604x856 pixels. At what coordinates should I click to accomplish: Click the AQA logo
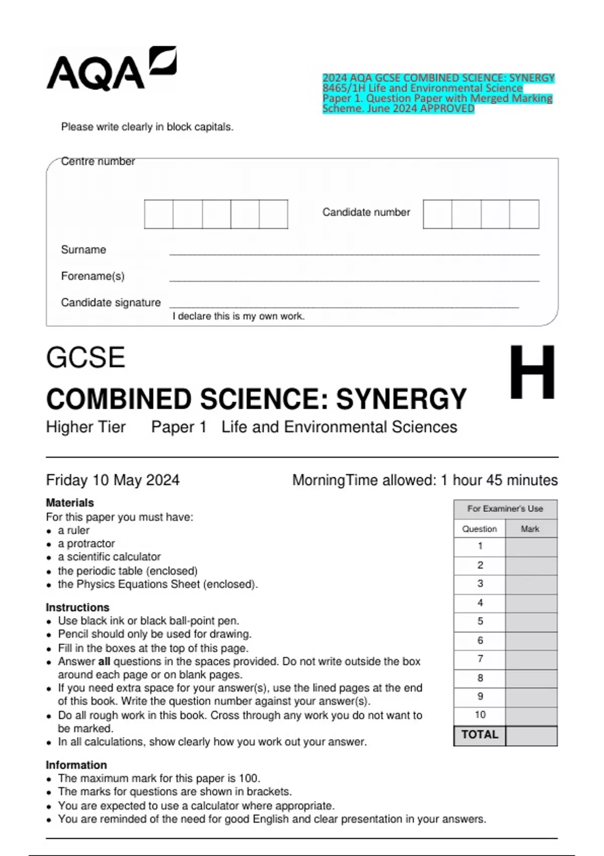(x=111, y=69)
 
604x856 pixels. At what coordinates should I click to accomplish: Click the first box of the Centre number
(x=159, y=214)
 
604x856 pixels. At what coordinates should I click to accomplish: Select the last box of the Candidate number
(x=524, y=214)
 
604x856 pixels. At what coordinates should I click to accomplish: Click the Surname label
(x=84, y=250)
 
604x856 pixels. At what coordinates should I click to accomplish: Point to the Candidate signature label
(x=111, y=303)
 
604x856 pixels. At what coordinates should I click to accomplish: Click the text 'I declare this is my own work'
(x=238, y=316)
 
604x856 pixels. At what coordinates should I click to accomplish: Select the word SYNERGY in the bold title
(x=401, y=399)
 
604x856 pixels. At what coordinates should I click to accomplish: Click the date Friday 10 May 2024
(x=113, y=480)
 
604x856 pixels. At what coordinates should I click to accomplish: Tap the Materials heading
(x=70, y=503)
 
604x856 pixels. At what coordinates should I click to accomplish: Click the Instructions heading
(x=78, y=607)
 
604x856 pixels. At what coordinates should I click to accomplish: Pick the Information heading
(x=77, y=765)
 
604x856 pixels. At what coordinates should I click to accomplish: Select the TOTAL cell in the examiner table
(x=479, y=735)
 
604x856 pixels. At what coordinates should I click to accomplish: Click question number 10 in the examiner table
(x=480, y=715)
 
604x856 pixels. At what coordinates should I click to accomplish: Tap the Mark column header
(x=530, y=529)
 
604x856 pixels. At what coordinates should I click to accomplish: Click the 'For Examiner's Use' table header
(x=505, y=509)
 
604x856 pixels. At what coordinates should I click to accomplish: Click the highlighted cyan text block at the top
(x=438, y=93)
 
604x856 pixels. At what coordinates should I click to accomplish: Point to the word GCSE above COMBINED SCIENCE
(x=86, y=358)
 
